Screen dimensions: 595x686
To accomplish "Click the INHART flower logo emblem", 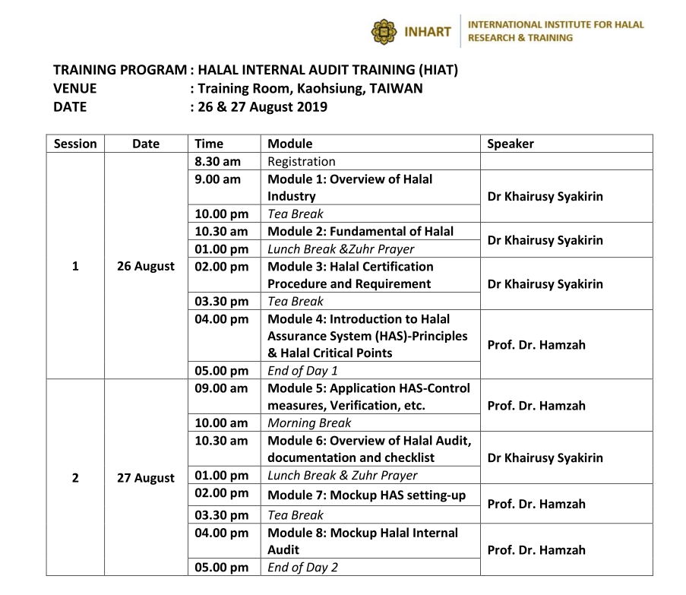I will click(384, 32).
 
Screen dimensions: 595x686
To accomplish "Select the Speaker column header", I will click(510, 144).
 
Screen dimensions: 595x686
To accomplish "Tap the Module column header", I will click(289, 144).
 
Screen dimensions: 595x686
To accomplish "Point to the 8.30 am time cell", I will click(217, 161).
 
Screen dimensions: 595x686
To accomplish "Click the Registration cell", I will click(301, 161).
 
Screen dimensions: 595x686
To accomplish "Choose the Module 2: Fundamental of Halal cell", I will click(360, 231).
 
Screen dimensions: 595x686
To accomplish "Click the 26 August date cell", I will click(146, 266).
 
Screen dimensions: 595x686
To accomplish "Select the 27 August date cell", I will click(146, 478).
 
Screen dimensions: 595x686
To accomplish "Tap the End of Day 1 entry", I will click(302, 371).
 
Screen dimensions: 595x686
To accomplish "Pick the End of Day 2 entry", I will click(302, 567).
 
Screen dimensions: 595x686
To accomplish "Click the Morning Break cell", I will click(309, 423).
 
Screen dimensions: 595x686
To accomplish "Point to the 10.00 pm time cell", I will click(221, 214).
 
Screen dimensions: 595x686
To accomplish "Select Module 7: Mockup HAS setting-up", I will click(366, 495).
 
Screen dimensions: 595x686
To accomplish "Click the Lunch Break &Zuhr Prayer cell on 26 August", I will click(340, 248).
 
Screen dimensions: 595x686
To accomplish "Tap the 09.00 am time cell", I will click(221, 388).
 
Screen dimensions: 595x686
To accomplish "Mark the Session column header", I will click(75, 144).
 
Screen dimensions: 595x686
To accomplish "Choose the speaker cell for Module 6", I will click(545, 457).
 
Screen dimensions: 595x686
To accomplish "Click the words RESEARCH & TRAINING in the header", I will click(520, 38).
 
